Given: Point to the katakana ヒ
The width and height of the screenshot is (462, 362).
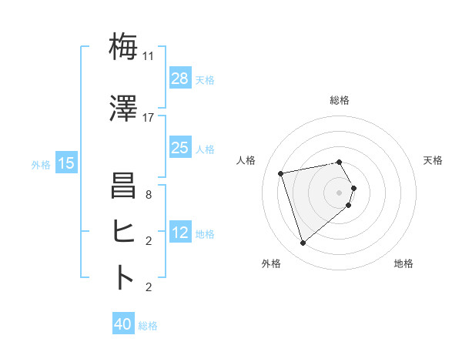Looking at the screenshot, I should (124, 230).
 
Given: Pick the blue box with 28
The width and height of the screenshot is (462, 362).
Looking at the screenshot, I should (179, 79).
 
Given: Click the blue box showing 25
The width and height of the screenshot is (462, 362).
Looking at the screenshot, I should (179, 149).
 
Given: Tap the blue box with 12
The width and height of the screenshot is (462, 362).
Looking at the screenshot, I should (179, 233).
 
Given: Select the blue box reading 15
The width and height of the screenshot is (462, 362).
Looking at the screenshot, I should (66, 163).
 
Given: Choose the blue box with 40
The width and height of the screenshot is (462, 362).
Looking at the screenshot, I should (123, 325).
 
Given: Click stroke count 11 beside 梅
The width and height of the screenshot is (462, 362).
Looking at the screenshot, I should (149, 56).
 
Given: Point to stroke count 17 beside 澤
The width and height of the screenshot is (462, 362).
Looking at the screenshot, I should (149, 118).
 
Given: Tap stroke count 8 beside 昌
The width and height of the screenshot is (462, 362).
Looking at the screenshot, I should (149, 196).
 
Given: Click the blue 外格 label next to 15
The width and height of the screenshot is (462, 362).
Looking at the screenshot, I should (41, 164).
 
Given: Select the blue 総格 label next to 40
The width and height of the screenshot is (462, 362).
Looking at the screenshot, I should (148, 326).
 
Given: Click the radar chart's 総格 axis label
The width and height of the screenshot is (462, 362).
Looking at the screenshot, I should (340, 100).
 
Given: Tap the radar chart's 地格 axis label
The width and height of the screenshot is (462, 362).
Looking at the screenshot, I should (403, 263).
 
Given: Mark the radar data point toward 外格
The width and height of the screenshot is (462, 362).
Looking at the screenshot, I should (303, 243).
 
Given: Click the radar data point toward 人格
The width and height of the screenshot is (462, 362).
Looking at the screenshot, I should (281, 173).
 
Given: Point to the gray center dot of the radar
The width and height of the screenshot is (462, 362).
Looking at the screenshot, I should (339, 192).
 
